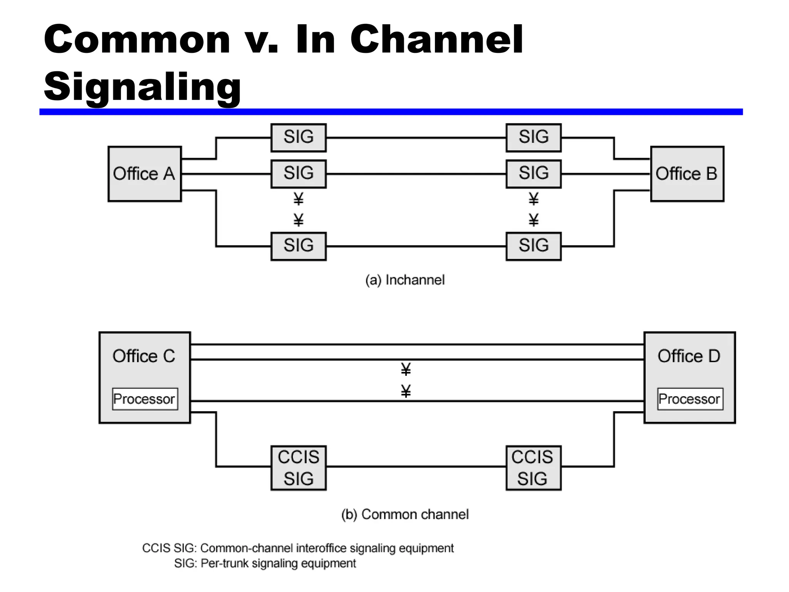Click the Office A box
coord(144,174)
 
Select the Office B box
coord(687,174)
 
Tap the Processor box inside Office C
coord(145,399)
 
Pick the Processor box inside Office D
coord(690,399)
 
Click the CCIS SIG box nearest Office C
coord(299,468)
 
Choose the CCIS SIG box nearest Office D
coord(533,468)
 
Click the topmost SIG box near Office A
coord(299,138)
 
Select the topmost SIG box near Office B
coord(533,138)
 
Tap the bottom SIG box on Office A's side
coord(299,246)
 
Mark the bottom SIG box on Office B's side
coord(533,246)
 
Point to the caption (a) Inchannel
coord(405,280)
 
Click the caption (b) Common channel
coord(405,515)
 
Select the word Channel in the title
coord(436,40)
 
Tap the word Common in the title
coord(137,40)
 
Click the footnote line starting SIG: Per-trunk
coord(265,563)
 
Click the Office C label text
coord(144,356)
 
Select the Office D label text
coord(689,356)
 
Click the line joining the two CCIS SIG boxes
coord(416,467)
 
